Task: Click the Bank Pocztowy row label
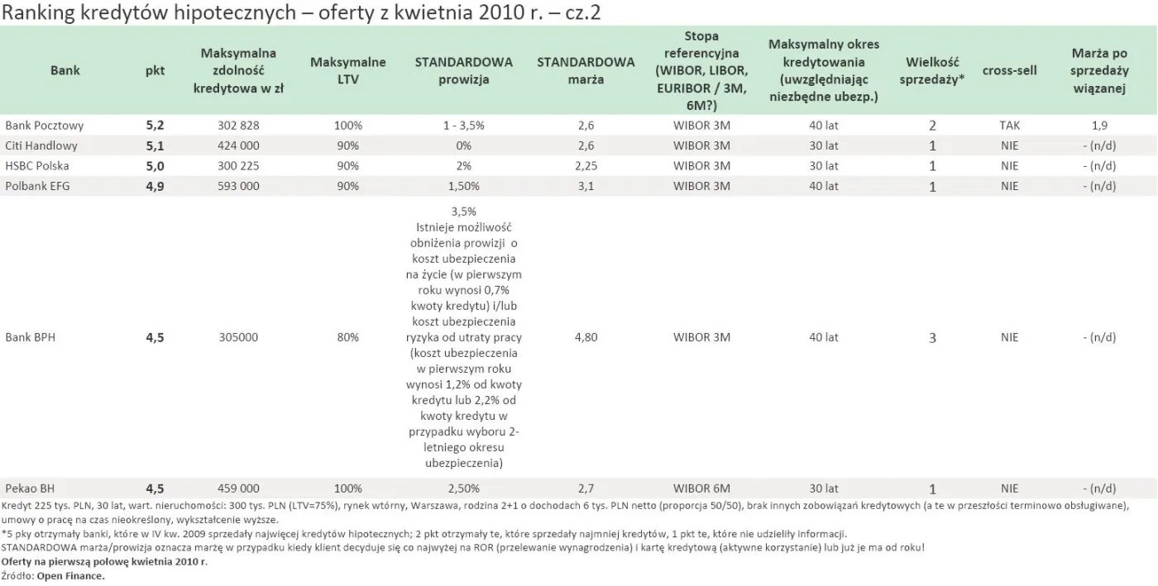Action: click(44, 126)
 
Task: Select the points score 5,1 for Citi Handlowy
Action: click(156, 145)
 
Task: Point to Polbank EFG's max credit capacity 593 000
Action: click(239, 186)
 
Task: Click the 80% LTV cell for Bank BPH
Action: click(348, 337)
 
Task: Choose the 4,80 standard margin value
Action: click(586, 337)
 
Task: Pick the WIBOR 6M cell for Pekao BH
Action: click(701, 488)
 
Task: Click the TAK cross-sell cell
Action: click(1009, 126)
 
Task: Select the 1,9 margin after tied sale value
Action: click(1099, 126)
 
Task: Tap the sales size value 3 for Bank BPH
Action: click(932, 337)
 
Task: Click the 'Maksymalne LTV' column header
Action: click(348, 71)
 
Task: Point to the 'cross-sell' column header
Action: click(1009, 71)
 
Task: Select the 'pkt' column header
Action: click(156, 71)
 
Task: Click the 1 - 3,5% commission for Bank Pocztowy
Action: click(463, 126)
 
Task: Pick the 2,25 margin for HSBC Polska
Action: click(586, 165)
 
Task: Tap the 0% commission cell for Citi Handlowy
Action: click(463, 145)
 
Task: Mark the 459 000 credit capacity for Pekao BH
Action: click(239, 488)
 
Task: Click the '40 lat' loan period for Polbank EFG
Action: click(824, 186)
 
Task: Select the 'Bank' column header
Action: click(65, 71)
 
